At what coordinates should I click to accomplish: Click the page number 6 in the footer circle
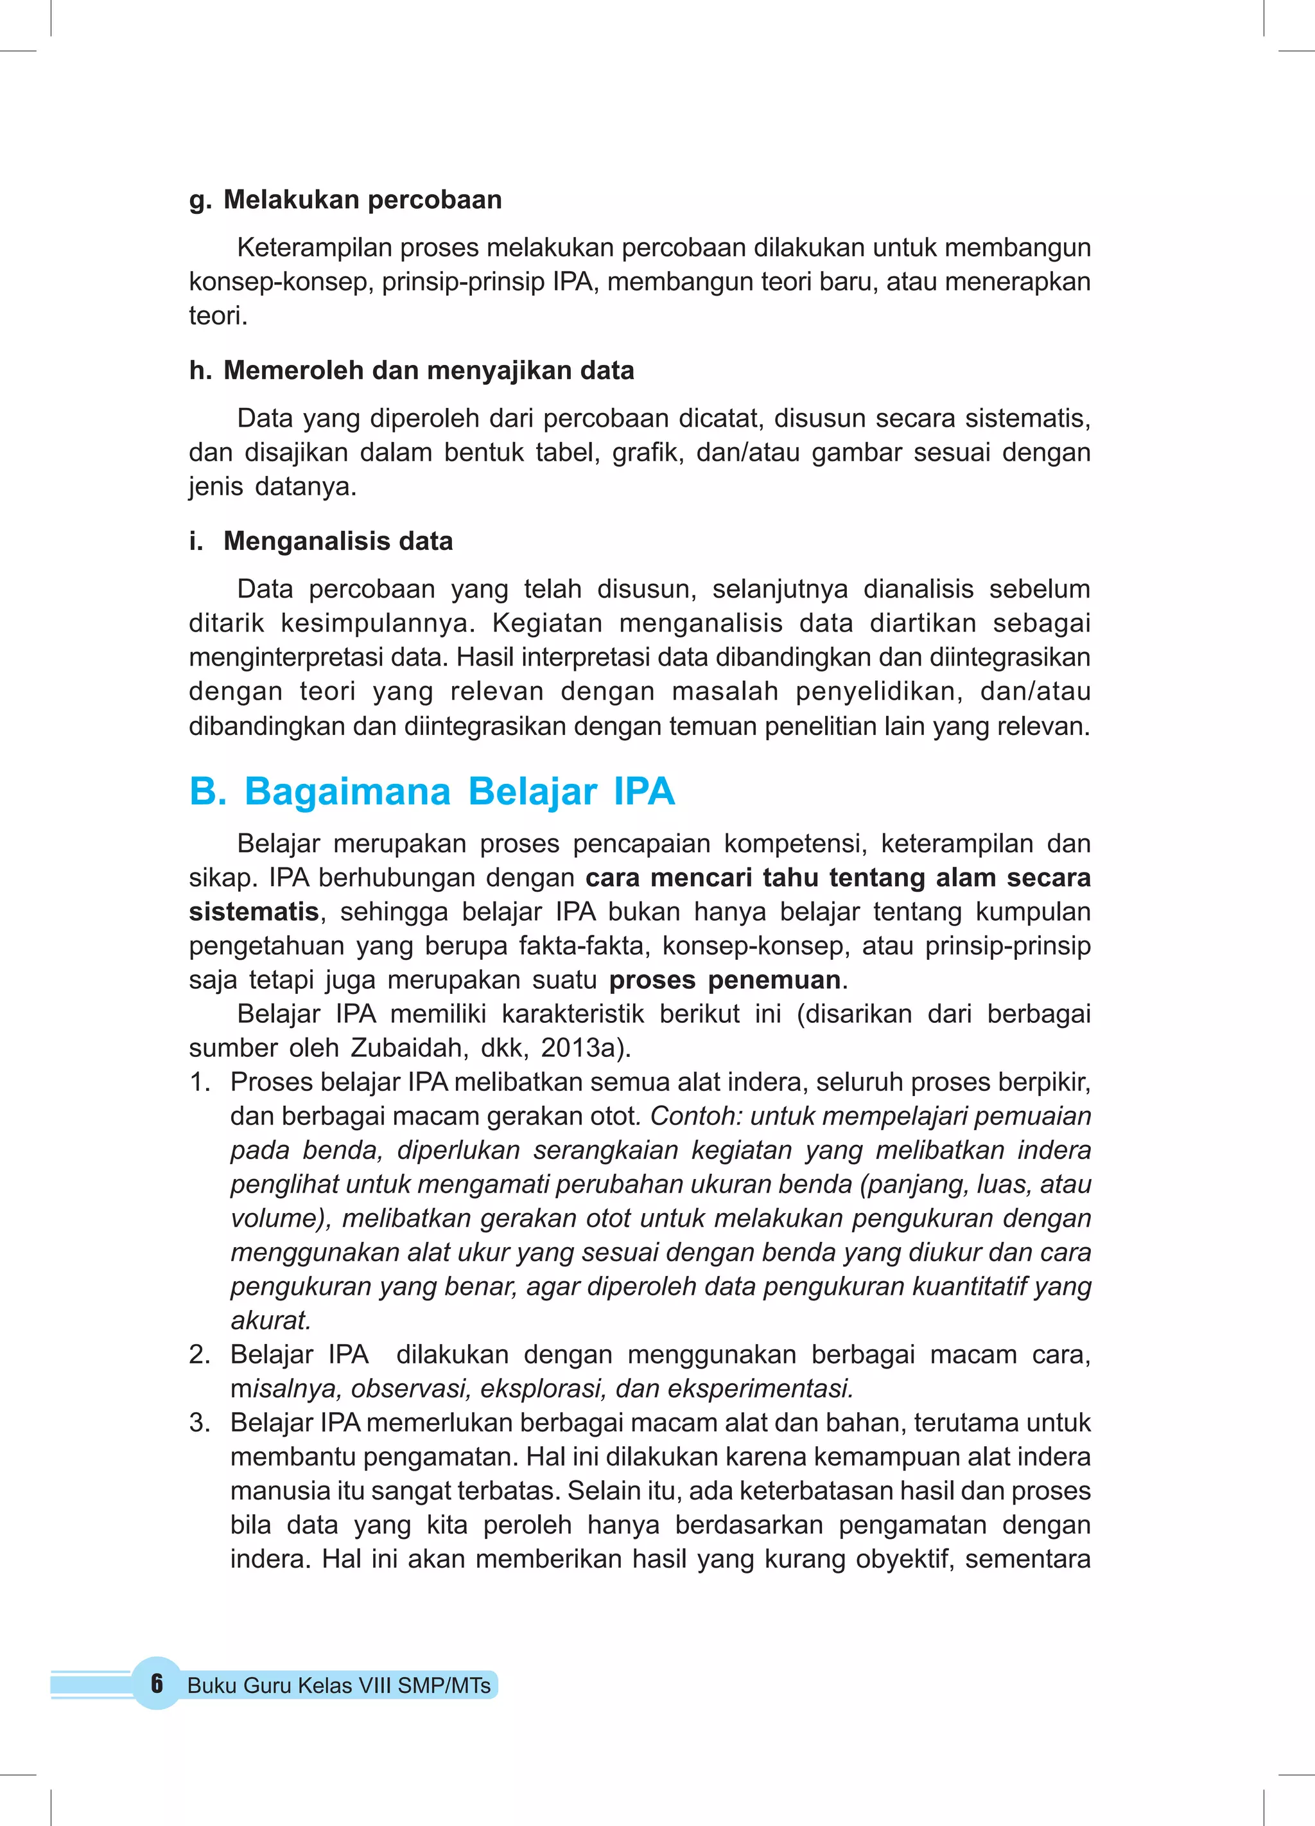[157, 1683]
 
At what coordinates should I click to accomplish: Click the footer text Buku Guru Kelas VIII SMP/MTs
[339, 1686]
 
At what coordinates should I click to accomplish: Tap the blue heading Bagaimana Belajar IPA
[458, 792]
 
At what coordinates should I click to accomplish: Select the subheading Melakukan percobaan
[362, 200]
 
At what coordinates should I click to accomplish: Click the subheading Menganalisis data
[338, 541]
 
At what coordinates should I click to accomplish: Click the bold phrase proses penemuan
[724, 980]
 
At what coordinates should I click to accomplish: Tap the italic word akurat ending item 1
[270, 1320]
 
